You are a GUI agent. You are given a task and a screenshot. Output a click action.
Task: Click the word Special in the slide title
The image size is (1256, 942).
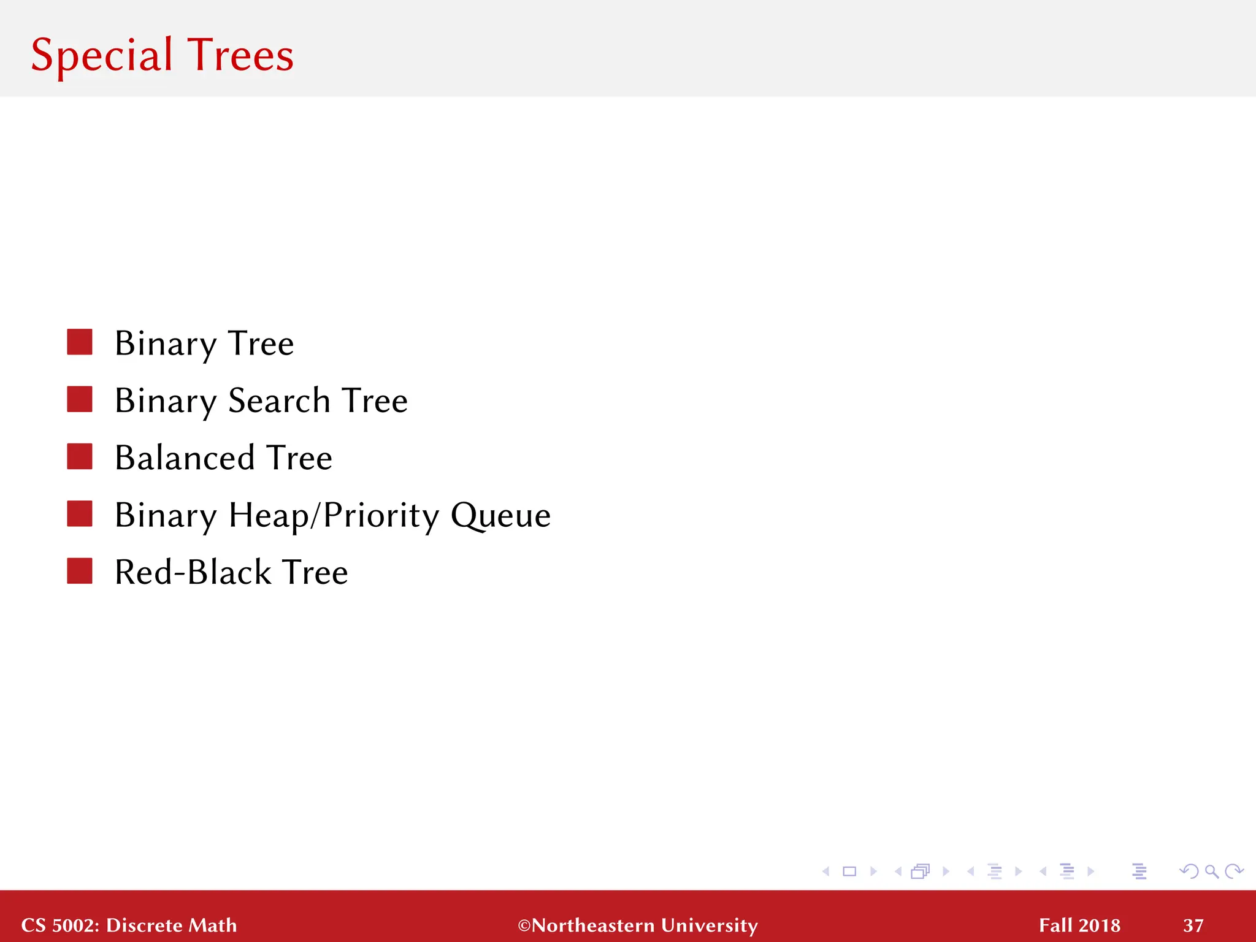coord(102,55)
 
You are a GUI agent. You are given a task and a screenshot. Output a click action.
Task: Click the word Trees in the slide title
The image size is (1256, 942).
coord(240,55)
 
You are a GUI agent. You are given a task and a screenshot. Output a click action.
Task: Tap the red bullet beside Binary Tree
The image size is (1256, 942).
coord(80,342)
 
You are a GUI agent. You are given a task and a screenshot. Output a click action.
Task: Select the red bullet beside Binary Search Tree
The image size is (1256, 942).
coord(80,399)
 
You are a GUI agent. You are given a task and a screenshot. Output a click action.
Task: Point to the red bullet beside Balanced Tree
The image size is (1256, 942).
coord(80,457)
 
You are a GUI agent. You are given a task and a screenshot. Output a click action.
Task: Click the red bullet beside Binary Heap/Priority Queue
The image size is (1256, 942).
coord(80,514)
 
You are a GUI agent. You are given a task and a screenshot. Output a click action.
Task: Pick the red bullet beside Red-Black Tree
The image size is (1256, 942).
coord(80,571)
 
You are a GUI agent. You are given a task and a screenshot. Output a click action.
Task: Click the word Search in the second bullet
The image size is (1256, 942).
coord(279,400)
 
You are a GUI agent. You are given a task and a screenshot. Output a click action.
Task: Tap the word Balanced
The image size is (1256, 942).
coord(185,458)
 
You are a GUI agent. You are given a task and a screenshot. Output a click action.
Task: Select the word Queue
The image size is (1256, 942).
coord(500,515)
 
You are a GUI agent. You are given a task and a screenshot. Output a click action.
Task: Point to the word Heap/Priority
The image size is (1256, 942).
coord(334,515)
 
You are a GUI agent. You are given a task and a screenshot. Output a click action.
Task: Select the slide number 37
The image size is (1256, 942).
coord(1193,925)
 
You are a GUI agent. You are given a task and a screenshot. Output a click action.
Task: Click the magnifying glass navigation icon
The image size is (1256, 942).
coord(1211,871)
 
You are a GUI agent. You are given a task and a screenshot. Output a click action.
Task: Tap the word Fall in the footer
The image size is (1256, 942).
coord(1055,925)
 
